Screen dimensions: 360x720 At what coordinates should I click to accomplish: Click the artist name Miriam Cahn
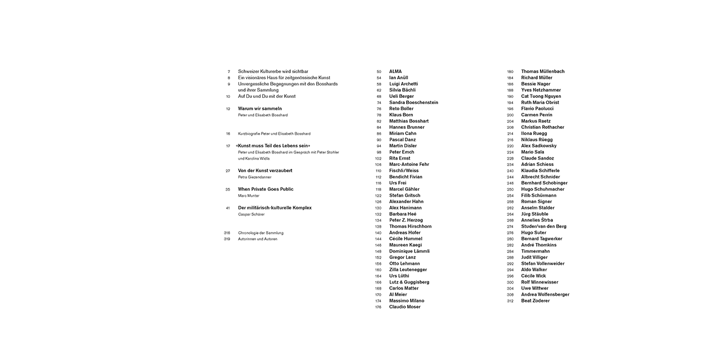403,133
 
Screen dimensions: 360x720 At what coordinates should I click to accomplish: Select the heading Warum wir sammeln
259,109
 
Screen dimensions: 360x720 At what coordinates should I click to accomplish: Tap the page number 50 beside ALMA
379,71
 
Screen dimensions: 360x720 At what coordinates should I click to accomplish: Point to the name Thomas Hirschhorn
410,226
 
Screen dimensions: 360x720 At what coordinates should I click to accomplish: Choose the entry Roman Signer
536,201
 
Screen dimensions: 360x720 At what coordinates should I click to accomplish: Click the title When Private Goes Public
265,189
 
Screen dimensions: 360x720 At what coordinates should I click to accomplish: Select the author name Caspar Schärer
251,214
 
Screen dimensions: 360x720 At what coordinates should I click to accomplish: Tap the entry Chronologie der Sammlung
260,233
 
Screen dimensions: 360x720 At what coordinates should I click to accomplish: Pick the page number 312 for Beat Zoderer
510,301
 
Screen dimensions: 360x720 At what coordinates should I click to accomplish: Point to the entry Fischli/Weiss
404,170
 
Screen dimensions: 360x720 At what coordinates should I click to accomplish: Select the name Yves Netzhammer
541,90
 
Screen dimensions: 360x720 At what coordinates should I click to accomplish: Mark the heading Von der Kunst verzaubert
265,170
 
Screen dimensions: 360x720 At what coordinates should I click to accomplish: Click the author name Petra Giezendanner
255,177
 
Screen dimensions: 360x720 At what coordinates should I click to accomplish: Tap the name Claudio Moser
404,307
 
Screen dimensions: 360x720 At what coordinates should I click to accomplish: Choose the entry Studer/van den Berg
543,226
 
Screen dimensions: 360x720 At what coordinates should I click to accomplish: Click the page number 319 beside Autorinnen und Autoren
227,239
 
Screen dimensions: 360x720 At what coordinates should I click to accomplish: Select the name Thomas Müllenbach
543,71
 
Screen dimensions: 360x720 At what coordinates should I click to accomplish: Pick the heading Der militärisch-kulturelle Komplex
274,208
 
